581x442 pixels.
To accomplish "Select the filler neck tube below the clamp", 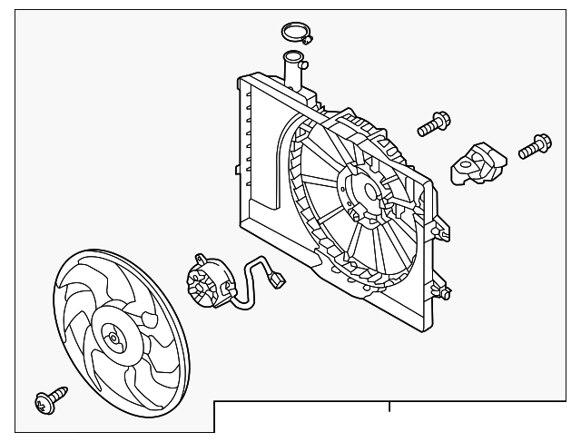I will (293, 71).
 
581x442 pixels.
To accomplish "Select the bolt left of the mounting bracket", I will (434, 123).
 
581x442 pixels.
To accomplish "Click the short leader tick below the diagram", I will (389, 407).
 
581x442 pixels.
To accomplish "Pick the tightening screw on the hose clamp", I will (310, 38).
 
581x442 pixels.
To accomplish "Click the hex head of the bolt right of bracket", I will (542, 141).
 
